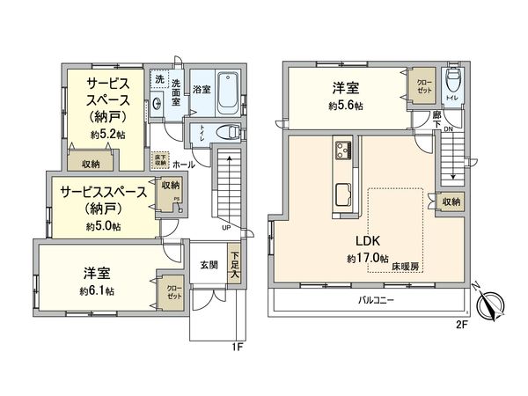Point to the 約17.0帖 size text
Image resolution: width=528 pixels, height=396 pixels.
tap(367, 258)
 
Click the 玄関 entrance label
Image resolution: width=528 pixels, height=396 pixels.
tap(209, 265)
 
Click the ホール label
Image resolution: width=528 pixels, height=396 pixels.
tap(184, 165)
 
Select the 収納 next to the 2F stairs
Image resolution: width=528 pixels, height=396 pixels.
tap(451, 202)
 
